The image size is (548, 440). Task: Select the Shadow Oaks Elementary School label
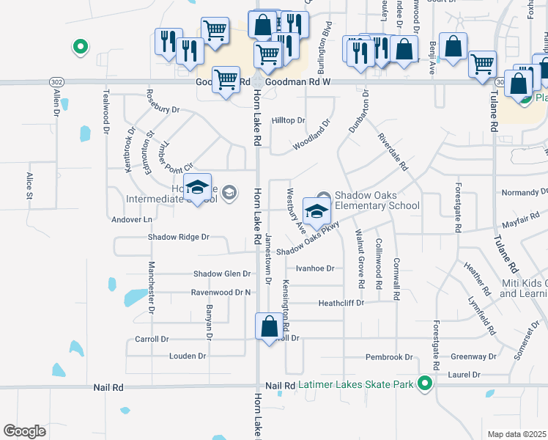377,200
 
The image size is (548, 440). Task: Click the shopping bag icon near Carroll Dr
269,326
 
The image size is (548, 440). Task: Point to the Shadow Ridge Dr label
179,238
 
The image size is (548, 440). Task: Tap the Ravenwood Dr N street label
221,292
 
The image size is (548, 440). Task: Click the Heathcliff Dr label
341,303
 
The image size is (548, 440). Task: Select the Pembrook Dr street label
389,357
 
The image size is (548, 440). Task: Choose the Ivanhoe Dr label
315,268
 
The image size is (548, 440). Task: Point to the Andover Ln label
132,219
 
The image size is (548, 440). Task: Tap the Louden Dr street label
187,356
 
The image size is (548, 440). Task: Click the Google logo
25,430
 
